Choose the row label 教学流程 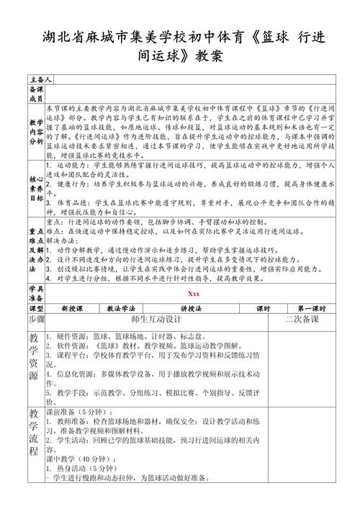point(36,432)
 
